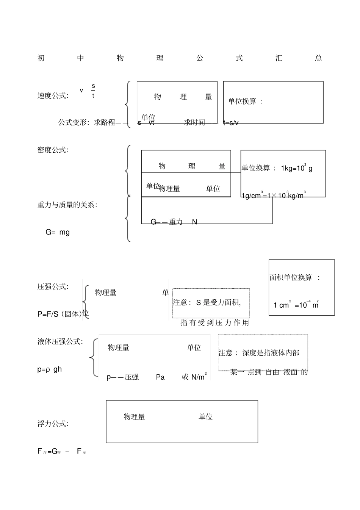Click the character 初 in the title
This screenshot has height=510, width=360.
[41, 58]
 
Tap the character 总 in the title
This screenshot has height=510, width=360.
[318, 58]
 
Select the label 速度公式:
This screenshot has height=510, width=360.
[53, 96]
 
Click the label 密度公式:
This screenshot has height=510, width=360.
[53, 150]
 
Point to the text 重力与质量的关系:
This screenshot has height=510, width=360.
[67, 205]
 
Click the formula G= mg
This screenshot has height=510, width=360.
[58, 232]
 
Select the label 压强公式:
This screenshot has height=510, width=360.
[53, 287]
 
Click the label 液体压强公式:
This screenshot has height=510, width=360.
[60, 342]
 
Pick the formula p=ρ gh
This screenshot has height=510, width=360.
[49, 369]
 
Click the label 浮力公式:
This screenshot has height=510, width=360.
[53, 424]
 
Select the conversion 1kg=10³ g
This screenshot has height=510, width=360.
[297, 168]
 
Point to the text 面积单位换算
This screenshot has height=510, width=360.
[291, 278]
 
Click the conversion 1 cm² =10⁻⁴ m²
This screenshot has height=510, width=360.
[296, 305]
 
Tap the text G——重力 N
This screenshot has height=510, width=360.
[174, 222]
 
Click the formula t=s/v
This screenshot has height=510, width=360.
[231, 123]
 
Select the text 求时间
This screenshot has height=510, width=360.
[194, 122]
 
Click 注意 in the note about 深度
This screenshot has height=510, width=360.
[226, 353]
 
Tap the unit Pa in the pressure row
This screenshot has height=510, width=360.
[160, 377]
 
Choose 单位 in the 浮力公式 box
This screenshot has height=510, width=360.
[205, 417]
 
